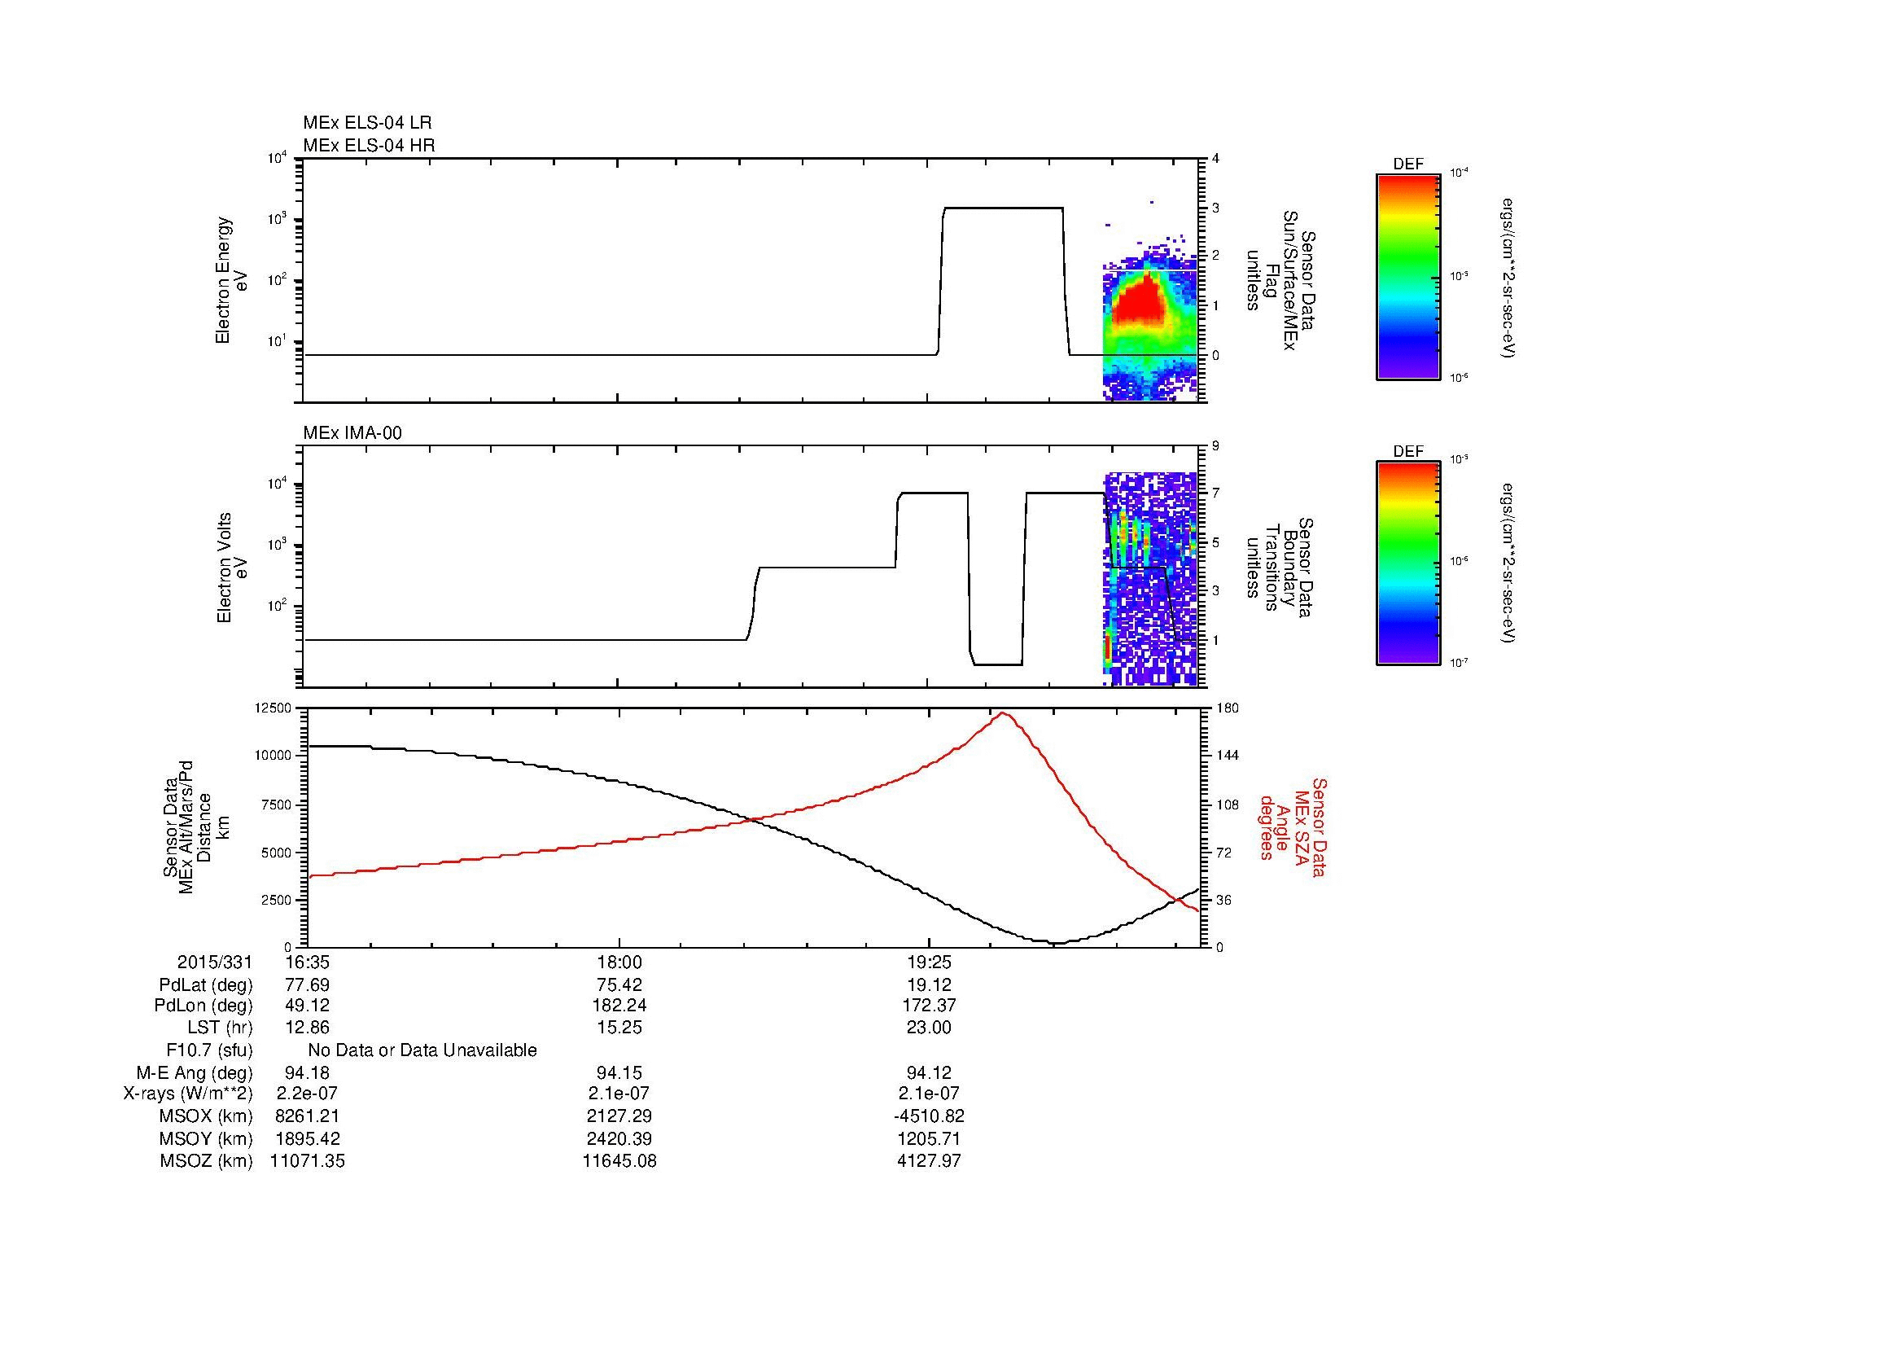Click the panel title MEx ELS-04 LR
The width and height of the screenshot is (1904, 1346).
366,123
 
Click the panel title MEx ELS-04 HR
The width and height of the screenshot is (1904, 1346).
368,145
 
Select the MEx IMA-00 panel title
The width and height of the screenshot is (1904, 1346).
352,433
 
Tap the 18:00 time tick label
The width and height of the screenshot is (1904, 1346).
619,962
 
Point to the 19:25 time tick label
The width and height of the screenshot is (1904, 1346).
929,962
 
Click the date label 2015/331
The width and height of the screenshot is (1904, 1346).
214,962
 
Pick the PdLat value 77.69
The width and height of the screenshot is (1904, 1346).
307,985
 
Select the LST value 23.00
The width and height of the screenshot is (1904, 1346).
929,1028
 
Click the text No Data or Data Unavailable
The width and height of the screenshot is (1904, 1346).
422,1050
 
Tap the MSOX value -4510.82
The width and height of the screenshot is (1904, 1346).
929,1116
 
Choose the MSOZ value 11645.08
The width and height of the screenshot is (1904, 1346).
619,1161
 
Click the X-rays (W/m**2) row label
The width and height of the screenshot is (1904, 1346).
187,1094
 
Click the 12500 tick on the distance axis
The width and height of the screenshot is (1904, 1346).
273,708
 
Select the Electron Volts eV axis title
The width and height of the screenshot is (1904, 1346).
232,568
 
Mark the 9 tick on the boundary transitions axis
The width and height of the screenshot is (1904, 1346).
1215,446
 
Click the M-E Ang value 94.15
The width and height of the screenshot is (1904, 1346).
619,1072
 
